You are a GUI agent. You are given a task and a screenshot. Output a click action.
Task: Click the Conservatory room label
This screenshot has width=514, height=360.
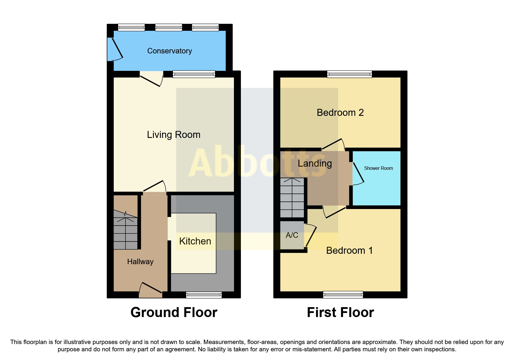tap(169, 51)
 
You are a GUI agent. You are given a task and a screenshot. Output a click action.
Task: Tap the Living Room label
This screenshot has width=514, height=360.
tap(174, 135)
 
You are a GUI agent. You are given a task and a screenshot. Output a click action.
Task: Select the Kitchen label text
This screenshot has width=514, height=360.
tap(195, 241)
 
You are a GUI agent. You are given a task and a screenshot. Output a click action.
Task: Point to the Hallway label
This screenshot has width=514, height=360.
tap(140, 262)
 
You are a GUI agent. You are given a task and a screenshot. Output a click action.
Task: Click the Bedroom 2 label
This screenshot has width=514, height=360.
tap(340, 113)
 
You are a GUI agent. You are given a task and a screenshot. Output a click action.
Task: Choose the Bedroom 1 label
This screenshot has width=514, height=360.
tap(349, 251)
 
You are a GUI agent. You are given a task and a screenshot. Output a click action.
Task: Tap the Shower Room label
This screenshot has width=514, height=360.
tap(378, 168)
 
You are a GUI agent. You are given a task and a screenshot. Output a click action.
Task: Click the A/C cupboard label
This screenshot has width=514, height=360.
tap(292, 235)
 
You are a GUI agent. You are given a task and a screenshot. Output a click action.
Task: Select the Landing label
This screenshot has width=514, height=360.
tap(315, 163)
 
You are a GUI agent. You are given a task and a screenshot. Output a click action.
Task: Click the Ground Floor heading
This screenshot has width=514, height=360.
tap(174, 313)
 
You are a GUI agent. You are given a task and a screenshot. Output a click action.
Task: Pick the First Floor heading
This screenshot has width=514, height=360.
tap(340, 313)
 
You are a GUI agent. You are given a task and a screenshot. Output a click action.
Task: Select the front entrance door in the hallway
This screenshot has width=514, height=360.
tap(150, 290)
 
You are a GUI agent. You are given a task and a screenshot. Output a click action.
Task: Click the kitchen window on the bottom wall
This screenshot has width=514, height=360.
tap(204, 295)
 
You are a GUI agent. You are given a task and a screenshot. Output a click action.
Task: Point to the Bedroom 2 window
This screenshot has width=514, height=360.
tap(349, 74)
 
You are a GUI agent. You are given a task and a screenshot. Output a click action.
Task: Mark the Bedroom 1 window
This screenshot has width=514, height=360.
tap(343, 295)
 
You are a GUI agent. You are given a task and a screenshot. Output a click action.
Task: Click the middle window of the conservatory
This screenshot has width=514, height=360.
tap(168, 28)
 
